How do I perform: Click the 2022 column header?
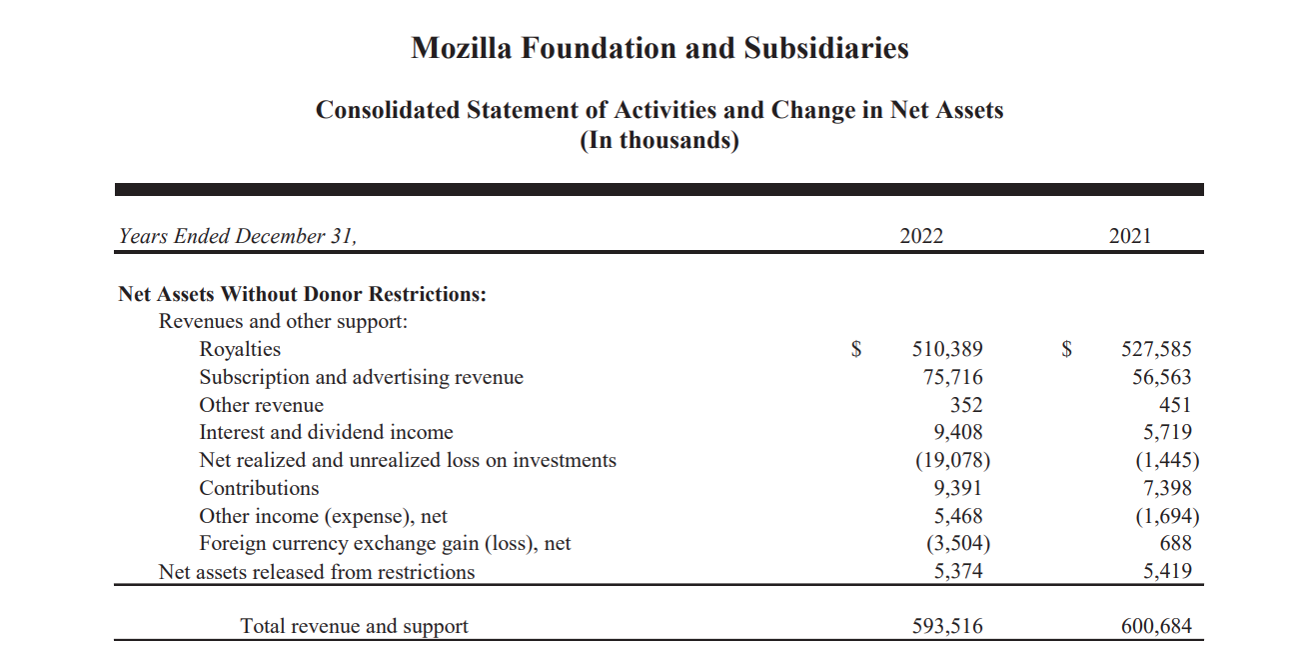pos(920,237)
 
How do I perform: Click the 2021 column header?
pos(1129,237)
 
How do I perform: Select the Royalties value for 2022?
pos(946,350)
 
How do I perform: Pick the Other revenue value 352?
pos(965,406)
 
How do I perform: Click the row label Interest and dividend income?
pos(326,433)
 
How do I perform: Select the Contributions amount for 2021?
pos(1165,489)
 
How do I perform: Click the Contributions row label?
pos(259,489)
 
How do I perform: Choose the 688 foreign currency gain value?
pos(1173,544)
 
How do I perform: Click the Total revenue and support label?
pos(354,627)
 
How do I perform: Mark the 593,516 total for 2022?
pos(946,627)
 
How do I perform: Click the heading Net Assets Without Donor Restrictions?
pos(302,295)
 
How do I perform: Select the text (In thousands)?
pos(659,140)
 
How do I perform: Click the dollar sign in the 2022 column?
pos(856,350)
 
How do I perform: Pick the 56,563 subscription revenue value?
pos(1160,378)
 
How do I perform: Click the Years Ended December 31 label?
pos(237,237)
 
